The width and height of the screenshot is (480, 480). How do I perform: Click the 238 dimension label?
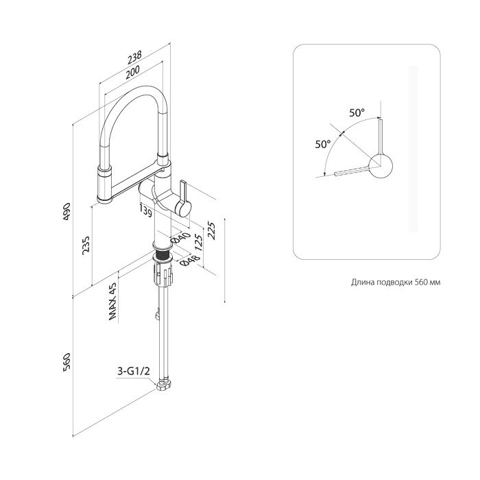point(134,57)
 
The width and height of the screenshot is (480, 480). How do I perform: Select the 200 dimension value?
point(132,72)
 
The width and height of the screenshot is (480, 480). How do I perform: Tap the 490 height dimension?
point(67,211)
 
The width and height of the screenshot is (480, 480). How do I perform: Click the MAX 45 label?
point(112,302)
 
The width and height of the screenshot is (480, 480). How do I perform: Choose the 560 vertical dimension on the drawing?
point(67,363)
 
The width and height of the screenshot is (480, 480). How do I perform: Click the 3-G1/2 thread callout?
point(134,372)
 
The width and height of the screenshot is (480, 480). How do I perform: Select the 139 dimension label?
point(145,211)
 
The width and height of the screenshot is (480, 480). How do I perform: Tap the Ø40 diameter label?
point(180,238)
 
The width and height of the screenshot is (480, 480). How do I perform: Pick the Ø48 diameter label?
point(190,261)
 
